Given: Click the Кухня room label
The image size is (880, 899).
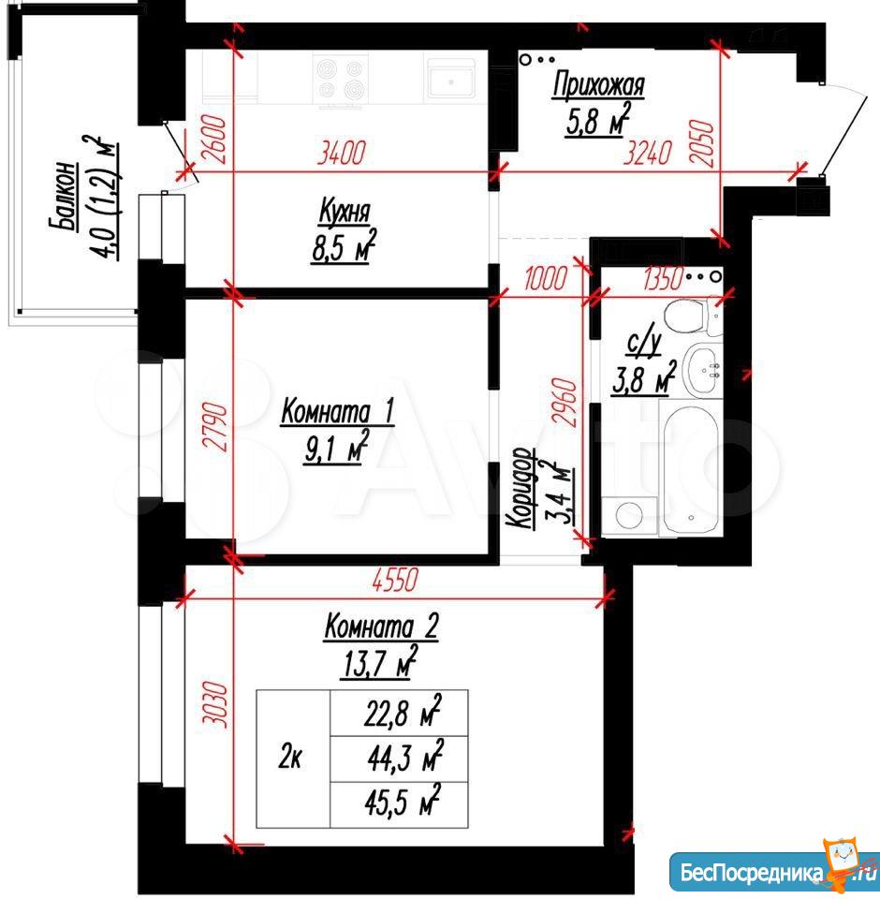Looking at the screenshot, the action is (x=345, y=211).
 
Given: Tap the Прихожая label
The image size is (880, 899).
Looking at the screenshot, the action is (x=598, y=85).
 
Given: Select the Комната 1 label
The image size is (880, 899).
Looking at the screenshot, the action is (x=338, y=412).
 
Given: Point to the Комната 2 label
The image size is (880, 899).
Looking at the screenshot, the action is (x=381, y=626).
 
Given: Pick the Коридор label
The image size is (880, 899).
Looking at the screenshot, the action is (x=521, y=489).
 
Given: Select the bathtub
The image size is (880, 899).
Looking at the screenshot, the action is (x=690, y=468).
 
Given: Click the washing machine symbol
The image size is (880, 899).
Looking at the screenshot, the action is (x=629, y=516).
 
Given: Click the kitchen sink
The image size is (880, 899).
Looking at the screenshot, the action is (x=450, y=79).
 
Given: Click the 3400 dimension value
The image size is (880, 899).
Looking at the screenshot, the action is (x=341, y=153).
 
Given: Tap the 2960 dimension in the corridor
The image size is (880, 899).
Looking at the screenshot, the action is (x=565, y=402).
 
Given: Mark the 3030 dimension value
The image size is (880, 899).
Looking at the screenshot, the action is (x=215, y=703).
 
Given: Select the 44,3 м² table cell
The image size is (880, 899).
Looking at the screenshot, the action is (x=404, y=758).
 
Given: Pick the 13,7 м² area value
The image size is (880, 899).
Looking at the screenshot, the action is (x=378, y=663).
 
